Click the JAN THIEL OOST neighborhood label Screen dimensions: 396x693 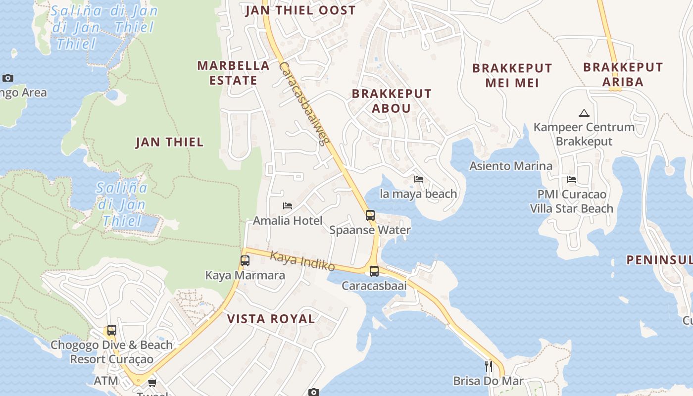[300, 10]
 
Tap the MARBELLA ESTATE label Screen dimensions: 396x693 [233, 73]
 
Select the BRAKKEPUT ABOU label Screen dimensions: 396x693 [392, 101]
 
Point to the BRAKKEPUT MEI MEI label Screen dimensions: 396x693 [512, 75]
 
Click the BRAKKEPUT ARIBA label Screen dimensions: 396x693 [623, 74]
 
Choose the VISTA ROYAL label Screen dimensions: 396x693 [271, 319]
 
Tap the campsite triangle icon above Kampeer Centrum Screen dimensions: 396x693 [584, 113]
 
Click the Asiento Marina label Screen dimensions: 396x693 [511, 166]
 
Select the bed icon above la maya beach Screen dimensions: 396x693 [419, 179]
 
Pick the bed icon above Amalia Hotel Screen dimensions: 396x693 [288, 206]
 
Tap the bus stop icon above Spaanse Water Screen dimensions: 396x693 [370, 215]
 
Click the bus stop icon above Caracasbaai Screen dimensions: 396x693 [374, 271]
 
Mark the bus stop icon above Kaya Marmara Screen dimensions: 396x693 [245, 261]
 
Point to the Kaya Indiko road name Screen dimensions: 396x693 [302, 261]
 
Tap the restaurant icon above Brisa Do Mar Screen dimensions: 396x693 [488, 366]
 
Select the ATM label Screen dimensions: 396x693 [106, 381]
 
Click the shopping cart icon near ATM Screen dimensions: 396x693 [152, 383]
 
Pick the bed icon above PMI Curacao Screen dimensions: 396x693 [572, 180]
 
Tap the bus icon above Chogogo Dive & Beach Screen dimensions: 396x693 [112, 330]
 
